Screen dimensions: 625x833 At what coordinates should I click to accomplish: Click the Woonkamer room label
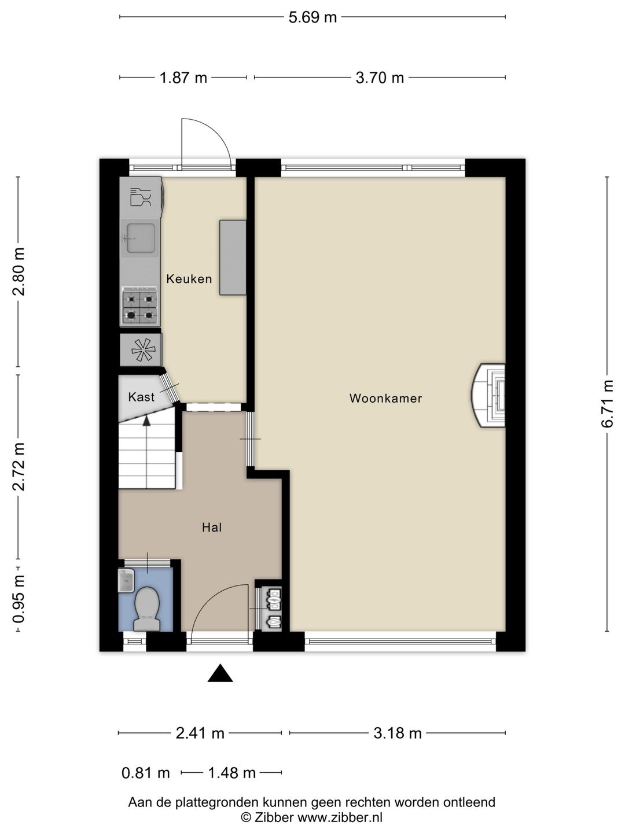pyautogui.click(x=385, y=398)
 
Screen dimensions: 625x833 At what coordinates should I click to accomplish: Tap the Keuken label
pyautogui.click(x=189, y=279)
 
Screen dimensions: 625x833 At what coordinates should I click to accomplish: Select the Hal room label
pyautogui.click(x=212, y=527)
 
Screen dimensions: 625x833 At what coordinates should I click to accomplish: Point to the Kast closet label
pyautogui.click(x=141, y=397)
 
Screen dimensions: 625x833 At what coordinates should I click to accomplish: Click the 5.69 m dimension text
pyautogui.click(x=312, y=17)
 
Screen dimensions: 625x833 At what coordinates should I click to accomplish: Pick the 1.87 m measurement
pyautogui.click(x=183, y=78)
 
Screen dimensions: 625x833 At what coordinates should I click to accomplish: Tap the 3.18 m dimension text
pyautogui.click(x=398, y=733)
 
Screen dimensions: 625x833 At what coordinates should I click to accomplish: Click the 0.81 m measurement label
pyautogui.click(x=145, y=772)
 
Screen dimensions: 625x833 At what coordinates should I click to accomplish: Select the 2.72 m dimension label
pyautogui.click(x=19, y=466)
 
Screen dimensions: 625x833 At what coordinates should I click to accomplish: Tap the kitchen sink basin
pyautogui.click(x=140, y=238)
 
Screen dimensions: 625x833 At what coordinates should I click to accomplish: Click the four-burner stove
pyautogui.click(x=139, y=307)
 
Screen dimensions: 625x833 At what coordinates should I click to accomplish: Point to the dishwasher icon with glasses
pyautogui.click(x=141, y=197)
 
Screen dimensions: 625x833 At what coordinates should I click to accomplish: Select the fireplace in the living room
pyautogui.click(x=488, y=395)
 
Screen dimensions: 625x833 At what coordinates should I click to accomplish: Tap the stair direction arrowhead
pyautogui.click(x=146, y=420)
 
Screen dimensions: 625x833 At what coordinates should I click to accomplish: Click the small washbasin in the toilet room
pyautogui.click(x=126, y=580)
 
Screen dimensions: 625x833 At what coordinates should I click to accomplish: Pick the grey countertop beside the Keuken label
pyautogui.click(x=233, y=257)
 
